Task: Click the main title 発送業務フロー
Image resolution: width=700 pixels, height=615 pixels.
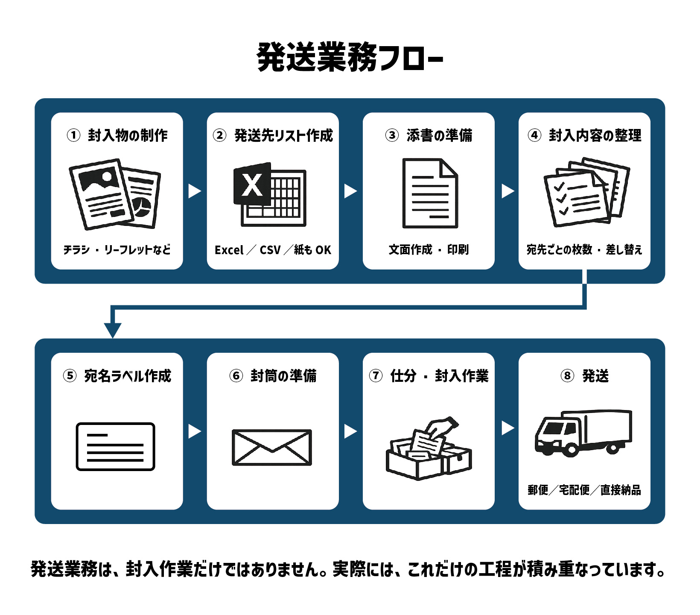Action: pos(350,57)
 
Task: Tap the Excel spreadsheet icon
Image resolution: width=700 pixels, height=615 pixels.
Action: pos(270,194)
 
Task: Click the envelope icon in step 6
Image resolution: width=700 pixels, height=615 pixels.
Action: pos(272,447)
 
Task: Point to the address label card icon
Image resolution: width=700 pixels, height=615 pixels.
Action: pos(115,447)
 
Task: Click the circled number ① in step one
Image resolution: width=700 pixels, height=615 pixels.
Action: pos(73,135)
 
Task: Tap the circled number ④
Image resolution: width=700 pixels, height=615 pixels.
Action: pos(534,135)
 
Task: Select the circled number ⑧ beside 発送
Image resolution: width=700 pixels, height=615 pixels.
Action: pos(567,376)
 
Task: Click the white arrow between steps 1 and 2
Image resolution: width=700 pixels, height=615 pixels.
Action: pos(194,191)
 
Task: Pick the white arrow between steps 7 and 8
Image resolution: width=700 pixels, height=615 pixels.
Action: pos(507,428)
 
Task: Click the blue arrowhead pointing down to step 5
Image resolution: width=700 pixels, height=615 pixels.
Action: pos(113,330)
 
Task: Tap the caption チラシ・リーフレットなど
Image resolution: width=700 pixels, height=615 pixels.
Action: pos(117,249)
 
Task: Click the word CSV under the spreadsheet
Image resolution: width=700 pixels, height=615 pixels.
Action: pos(270,250)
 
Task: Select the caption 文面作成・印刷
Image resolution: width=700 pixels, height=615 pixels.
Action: pos(429,249)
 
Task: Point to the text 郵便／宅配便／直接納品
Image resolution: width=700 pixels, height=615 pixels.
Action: pos(584,490)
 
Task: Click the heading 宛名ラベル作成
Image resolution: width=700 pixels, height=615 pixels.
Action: pos(128,376)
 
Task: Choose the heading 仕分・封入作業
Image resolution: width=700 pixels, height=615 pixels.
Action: pos(439,376)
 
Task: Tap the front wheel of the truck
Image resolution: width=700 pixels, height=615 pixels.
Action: pos(571,449)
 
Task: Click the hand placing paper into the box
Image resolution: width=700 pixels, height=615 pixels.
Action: pos(444,425)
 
